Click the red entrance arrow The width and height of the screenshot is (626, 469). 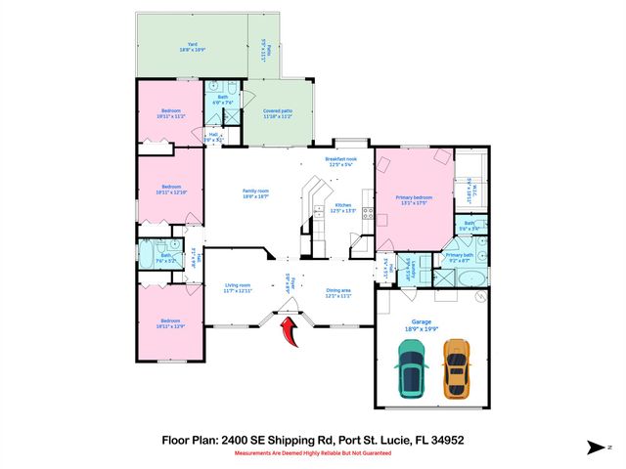tap(290, 334)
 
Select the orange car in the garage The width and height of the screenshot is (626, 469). tap(455, 369)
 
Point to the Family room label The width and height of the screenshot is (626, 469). tap(255, 193)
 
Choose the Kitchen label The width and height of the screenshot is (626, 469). tap(342, 207)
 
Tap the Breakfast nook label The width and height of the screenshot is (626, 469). tap(340, 160)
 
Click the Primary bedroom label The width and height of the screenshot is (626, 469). tap(413, 199)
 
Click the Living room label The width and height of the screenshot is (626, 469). tap(239, 288)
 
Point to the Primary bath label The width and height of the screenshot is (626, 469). tap(461, 258)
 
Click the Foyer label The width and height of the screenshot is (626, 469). tap(287, 282)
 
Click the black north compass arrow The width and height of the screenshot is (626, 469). tap(596, 448)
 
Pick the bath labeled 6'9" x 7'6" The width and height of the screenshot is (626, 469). tap(222, 99)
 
